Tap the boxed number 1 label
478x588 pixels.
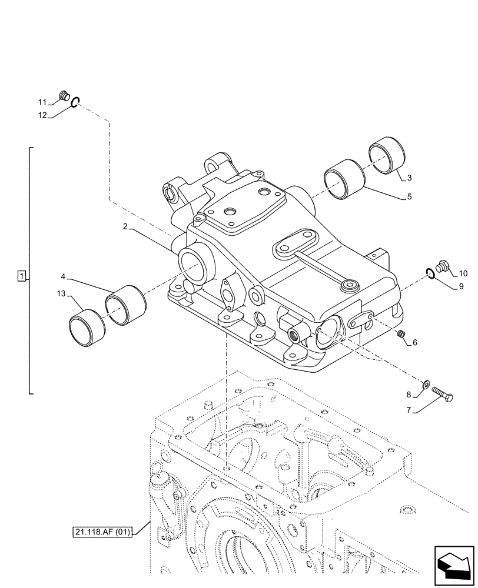(x=21, y=276)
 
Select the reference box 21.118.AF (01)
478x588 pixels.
(x=104, y=533)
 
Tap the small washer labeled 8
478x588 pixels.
(x=426, y=386)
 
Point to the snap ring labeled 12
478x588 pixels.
(x=75, y=103)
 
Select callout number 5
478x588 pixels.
(x=409, y=198)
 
